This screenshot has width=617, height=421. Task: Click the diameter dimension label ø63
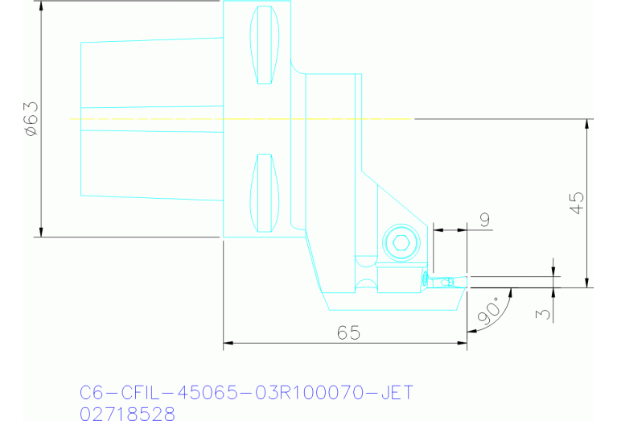pyautogui.click(x=31, y=119)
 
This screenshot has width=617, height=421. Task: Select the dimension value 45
pyautogui.click(x=576, y=202)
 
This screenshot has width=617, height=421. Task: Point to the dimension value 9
pyautogui.click(x=484, y=219)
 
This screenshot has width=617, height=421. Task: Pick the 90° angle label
pyautogui.click(x=488, y=310)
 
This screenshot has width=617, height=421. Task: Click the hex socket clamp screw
pyautogui.click(x=401, y=242)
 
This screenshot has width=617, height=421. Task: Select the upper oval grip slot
pyautogui.click(x=265, y=45)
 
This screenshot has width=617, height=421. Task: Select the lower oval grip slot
pyautogui.click(x=265, y=192)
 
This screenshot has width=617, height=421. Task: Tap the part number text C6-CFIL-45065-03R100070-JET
pyautogui.click(x=246, y=393)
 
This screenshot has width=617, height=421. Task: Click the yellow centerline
pyautogui.click(x=241, y=119)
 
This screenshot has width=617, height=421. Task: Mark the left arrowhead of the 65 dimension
pyautogui.click(x=227, y=344)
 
